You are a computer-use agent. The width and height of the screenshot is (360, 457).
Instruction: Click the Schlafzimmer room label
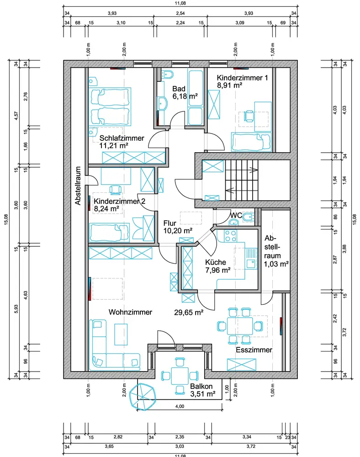coord(122,138)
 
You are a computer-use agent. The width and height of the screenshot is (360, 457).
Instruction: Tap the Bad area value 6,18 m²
coord(185,96)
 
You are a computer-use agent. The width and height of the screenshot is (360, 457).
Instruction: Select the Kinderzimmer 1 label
coord(242,78)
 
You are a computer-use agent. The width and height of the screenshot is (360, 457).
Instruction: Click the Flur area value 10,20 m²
coord(178,231)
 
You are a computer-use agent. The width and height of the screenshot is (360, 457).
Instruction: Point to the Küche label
coord(216,262)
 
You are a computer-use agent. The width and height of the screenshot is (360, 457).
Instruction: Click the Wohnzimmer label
coord(130,312)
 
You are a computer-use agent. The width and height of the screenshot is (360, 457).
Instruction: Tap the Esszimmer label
coord(254,350)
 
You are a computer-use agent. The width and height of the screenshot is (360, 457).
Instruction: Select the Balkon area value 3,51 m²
coord(203,394)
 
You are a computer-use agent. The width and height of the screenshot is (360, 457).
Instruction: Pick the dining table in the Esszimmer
coord(240,325)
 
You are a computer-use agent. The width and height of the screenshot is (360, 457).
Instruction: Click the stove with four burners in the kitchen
coord(230,236)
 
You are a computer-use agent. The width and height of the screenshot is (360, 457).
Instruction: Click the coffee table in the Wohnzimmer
coord(121,334)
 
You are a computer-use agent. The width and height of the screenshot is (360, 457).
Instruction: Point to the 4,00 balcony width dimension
coord(180,406)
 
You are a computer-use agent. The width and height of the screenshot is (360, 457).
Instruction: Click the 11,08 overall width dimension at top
coord(180,3)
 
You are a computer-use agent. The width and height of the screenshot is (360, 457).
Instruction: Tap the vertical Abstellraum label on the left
coord(78,186)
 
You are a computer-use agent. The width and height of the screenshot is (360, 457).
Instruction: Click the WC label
coord(236,215)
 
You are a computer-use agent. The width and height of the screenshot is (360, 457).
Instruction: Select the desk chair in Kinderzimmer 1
coord(249,116)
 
